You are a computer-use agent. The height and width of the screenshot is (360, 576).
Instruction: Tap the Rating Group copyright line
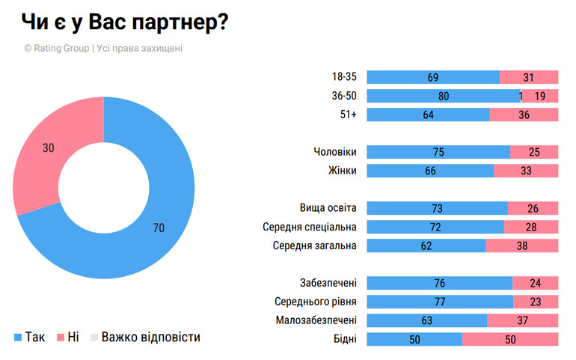point(103,48)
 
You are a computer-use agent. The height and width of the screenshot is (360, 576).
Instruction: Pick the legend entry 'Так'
point(29,337)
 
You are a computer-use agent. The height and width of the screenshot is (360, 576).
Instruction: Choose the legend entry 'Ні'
point(67,337)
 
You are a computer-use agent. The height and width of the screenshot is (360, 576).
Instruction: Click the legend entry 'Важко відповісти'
point(145,337)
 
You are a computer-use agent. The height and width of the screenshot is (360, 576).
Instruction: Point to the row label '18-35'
point(343,76)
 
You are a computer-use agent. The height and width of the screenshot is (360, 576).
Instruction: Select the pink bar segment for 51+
point(524,115)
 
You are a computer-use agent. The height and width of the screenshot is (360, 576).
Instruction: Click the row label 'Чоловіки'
point(334,152)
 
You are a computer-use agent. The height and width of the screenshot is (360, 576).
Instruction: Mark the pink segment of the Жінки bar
point(526,171)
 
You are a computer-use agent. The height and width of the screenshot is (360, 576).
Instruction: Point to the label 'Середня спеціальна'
point(310,227)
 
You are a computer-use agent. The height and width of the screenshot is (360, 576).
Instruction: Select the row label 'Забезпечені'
point(327,283)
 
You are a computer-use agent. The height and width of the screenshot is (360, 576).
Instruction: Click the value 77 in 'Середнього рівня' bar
point(440,302)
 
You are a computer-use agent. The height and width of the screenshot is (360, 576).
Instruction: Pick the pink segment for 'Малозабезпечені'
point(522,320)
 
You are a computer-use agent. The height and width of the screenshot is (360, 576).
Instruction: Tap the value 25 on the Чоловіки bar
point(534,152)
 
